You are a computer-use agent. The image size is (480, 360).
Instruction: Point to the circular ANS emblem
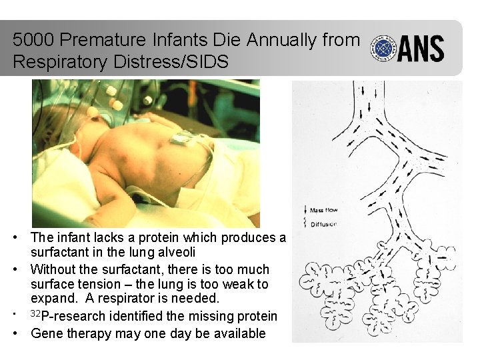(x=384, y=49)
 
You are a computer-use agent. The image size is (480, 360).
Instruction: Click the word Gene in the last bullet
(x=46, y=333)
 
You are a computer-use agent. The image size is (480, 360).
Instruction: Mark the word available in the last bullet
(x=239, y=333)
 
